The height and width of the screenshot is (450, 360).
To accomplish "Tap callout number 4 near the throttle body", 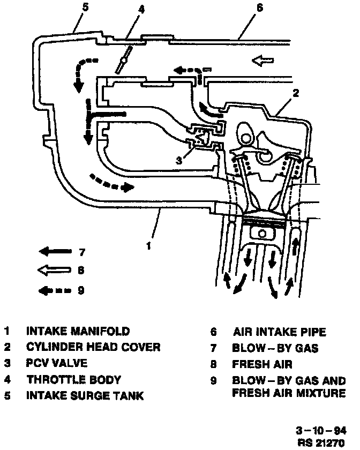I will coord(141,9).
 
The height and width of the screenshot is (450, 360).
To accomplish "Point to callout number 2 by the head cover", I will coord(296,93).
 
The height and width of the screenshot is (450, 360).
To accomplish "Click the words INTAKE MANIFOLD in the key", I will coord(78,332).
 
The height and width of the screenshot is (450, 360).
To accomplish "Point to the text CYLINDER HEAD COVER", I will coord(93,347).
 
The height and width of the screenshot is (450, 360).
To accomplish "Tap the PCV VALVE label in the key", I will coord(56,363).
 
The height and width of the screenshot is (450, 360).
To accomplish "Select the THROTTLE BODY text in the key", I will coord(73,379).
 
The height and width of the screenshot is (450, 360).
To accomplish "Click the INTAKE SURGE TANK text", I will coord(85,396).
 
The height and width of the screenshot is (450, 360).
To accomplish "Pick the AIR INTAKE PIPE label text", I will coord(279,332).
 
